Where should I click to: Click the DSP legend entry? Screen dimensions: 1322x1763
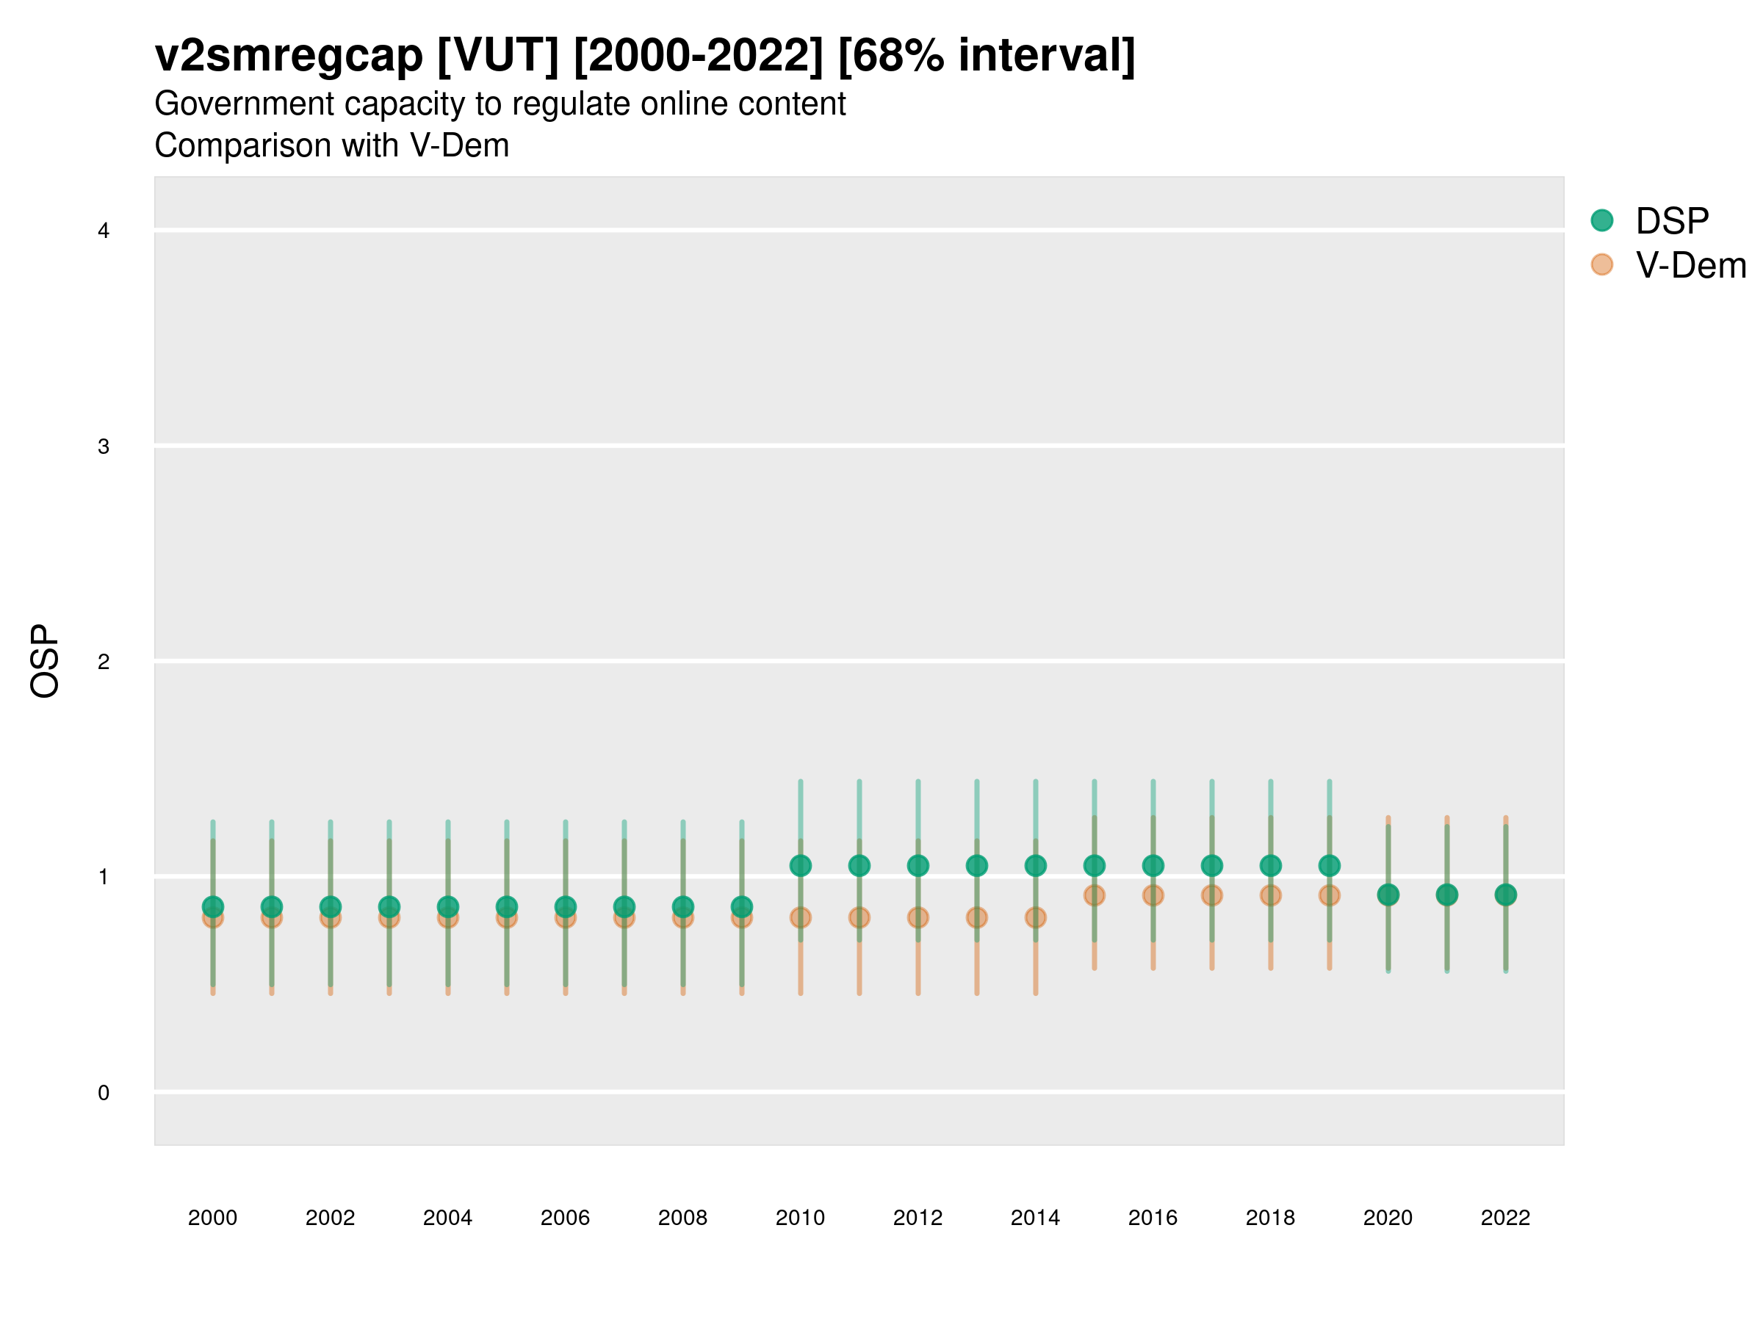(1671, 221)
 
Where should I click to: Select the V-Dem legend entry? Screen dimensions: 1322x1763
(1690, 265)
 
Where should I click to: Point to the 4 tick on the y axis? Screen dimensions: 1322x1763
(104, 231)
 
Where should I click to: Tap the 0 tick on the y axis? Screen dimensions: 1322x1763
(104, 1093)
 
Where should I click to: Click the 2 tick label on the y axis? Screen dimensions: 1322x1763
(104, 662)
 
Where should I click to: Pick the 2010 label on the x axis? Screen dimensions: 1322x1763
(800, 1218)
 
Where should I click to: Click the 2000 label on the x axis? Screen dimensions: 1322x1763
(213, 1218)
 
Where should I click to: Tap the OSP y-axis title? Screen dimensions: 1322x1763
(45, 662)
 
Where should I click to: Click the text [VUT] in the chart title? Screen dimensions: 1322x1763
(497, 56)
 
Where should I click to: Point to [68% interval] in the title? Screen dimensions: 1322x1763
(987, 56)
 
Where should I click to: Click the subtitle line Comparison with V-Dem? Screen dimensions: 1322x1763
(331, 146)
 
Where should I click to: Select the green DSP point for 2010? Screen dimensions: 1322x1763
(800, 865)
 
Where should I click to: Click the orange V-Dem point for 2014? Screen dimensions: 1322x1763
(1035, 918)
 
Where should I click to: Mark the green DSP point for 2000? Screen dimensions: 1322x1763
(213, 906)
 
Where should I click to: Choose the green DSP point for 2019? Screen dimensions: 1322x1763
(1330, 865)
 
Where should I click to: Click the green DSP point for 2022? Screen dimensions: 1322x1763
(1506, 895)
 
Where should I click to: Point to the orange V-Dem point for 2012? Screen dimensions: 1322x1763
(918, 918)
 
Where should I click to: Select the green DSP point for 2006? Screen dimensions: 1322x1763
(565, 906)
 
